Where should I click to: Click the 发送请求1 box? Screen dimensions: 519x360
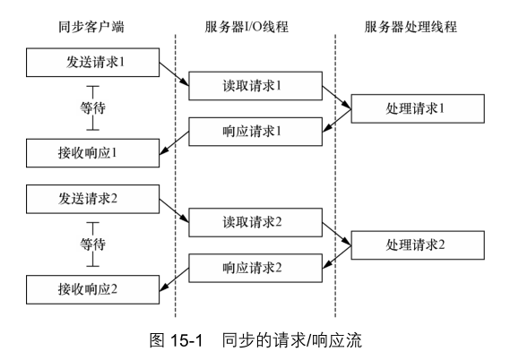pyautogui.click(x=92, y=63)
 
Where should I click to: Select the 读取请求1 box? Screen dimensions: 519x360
pyautogui.click(x=255, y=86)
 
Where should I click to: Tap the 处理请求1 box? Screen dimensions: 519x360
pyautogui.click(x=418, y=108)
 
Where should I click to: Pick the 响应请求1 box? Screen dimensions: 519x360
pyautogui.click(x=255, y=132)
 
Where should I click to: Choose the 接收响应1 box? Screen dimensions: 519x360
pyautogui.click(x=92, y=153)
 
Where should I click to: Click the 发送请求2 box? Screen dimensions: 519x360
pyautogui.click(x=92, y=199)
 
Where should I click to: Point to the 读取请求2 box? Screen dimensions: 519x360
pyautogui.click(x=255, y=222)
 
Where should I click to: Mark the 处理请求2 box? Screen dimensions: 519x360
pyautogui.click(x=418, y=245)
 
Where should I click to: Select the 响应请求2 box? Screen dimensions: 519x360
pyautogui.click(x=255, y=268)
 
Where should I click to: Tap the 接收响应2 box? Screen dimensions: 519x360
pyautogui.click(x=92, y=289)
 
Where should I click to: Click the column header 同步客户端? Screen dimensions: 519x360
pyautogui.click(x=91, y=27)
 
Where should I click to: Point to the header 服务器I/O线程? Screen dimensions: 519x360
pyautogui.click(x=247, y=27)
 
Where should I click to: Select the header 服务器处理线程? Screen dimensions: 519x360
pyautogui.click(x=411, y=27)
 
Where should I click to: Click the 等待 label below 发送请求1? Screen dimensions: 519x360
pyautogui.click(x=92, y=108)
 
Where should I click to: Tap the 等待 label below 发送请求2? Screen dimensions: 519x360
pyautogui.click(x=92, y=244)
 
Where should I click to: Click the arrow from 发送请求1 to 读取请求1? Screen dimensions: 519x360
pyautogui.click(x=174, y=74)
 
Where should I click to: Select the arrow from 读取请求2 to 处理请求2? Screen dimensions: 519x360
pyautogui.click(x=337, y=234)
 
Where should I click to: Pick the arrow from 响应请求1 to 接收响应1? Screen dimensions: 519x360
pyautogui.click(x=174, y=142)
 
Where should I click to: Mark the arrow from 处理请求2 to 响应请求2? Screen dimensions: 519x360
pyautogui.click(x=337, y=257)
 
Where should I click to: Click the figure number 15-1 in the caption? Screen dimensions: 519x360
pyautogui.click(x=186, y=340)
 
